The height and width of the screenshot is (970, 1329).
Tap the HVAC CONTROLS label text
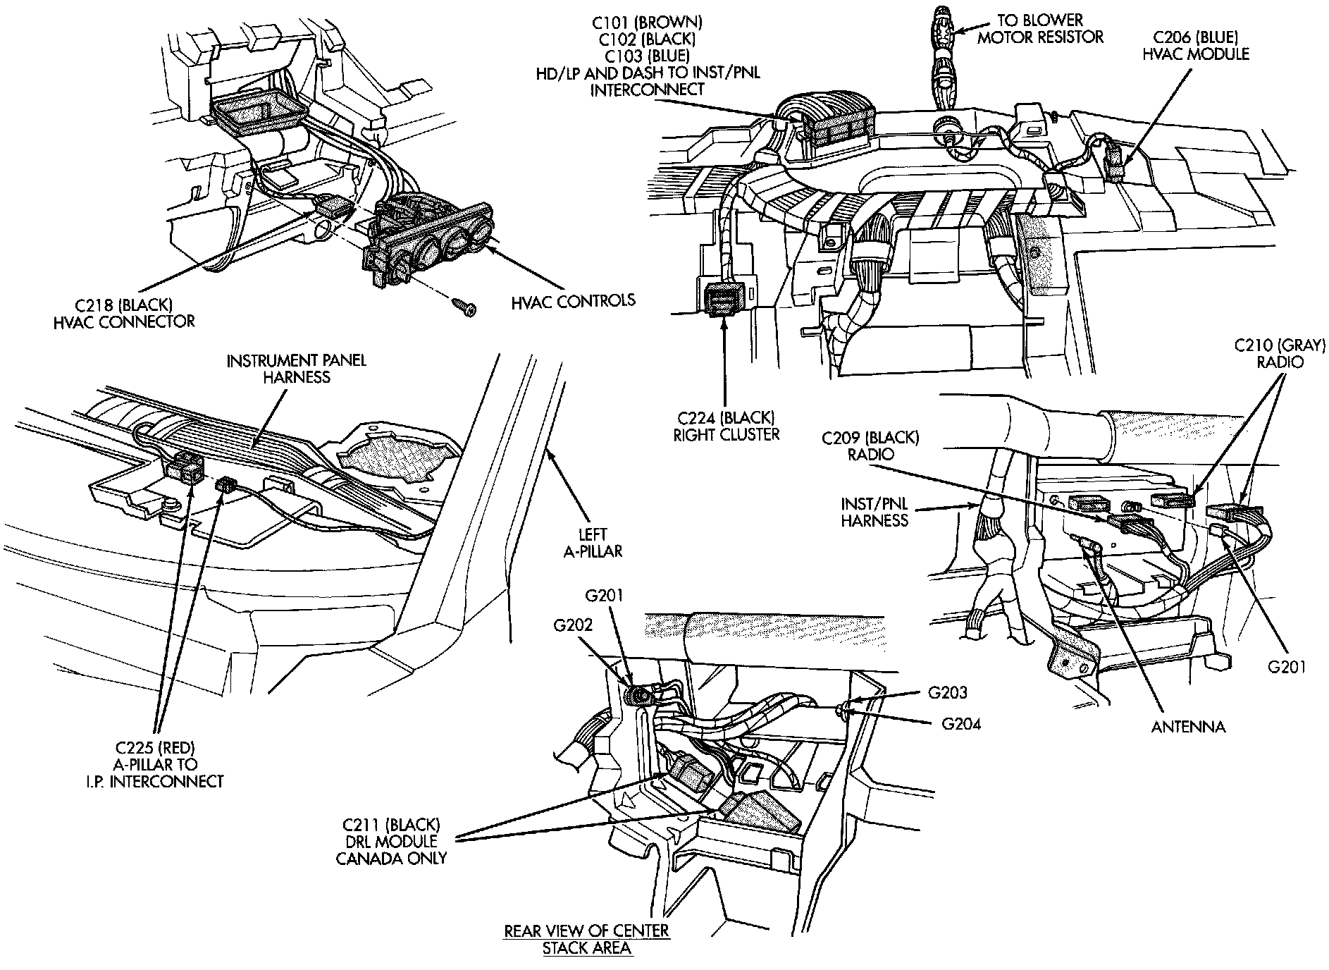[x=573, y=301]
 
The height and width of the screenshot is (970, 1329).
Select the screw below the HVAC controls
[x=464, y=307]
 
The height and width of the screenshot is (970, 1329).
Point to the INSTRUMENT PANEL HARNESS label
[x=296, y=369]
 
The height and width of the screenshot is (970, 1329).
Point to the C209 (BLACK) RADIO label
[x=870, y=446]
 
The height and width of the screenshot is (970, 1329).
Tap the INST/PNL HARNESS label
[x=874, y=512]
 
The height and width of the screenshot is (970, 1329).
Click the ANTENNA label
[x=1188, y=726]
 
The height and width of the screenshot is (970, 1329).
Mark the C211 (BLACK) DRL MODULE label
[x=391, y=841]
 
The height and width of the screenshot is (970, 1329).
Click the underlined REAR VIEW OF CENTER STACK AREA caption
[x=586, y=939]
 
